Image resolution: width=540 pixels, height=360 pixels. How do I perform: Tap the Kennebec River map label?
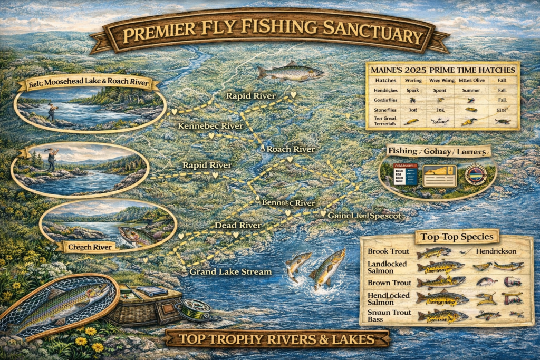(210, 126)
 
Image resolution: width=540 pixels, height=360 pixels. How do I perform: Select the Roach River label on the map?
(290, 149)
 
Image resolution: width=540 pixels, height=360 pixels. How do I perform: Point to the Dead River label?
(238, 225)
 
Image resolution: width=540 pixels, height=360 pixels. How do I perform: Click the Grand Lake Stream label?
(230, 272)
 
